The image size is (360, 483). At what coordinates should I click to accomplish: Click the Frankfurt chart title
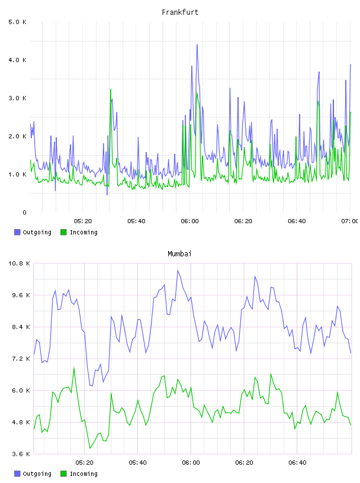pos(180,12)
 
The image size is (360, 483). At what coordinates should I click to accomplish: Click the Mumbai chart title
pos(179,254)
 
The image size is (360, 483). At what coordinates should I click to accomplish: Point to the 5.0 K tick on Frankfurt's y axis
pos(18,22)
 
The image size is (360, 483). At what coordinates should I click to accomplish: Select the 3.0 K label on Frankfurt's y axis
pos(18,98)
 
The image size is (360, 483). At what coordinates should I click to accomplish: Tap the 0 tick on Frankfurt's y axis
pos(24,212)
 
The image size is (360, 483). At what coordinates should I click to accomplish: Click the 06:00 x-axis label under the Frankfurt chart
pos(189,221)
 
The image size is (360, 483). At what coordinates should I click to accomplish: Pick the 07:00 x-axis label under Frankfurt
pos(350,221)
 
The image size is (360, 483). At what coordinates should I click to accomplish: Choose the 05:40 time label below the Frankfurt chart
pos(136,221)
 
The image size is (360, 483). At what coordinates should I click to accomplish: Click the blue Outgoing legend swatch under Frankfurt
pos(17,232)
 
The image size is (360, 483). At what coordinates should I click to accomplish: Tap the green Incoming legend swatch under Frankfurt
pos(63,232)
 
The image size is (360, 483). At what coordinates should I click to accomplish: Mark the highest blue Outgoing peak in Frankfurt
pos(197,45)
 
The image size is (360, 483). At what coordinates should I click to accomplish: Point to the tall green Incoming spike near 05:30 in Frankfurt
pos(110,89)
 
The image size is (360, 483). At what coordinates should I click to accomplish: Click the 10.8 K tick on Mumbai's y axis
pos(19,263)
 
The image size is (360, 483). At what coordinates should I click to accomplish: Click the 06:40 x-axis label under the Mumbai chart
pos(297,463)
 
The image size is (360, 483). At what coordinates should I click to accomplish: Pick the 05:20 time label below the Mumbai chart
pos(85,463)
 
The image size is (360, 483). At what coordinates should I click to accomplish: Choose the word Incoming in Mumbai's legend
pos(83,474)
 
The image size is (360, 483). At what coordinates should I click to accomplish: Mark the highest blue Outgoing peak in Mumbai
pos(178,271)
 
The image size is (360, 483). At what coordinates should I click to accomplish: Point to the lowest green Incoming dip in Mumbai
pos(90,448)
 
